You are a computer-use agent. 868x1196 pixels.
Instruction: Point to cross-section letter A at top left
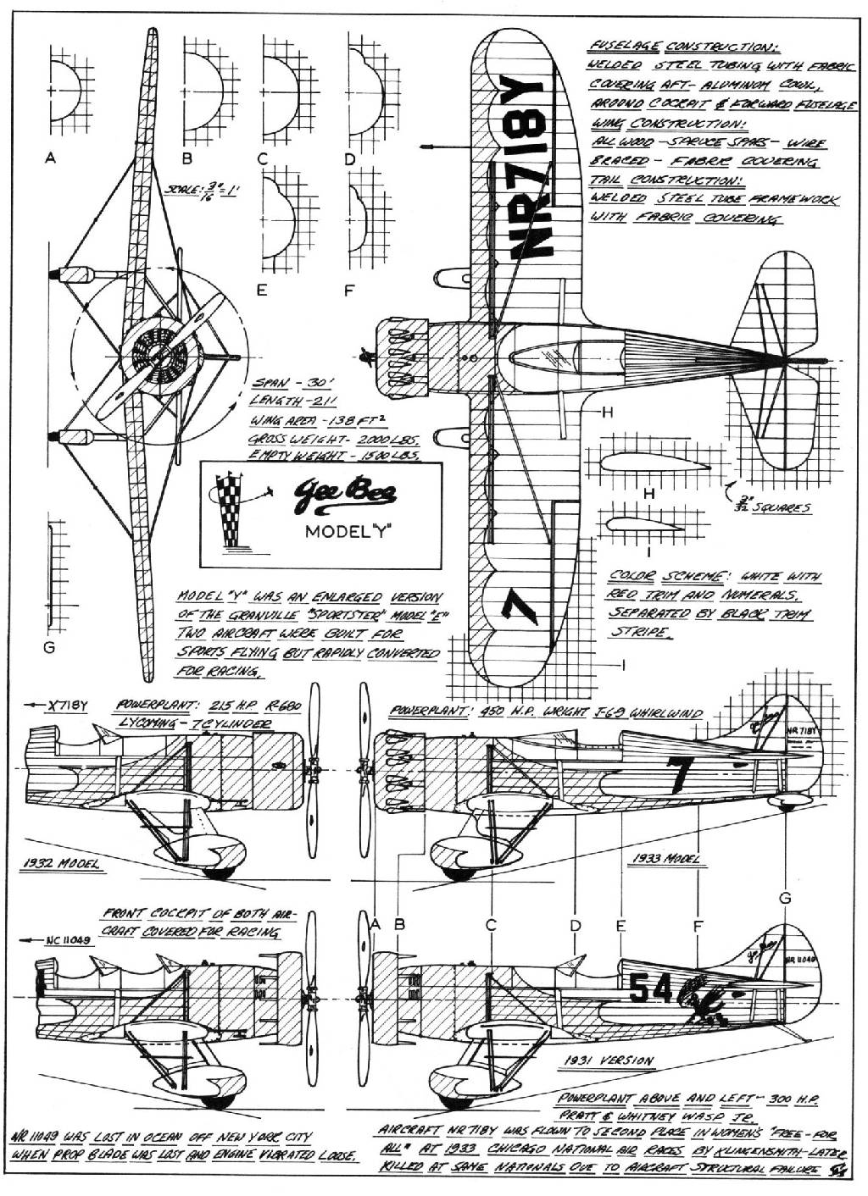[x=52, y=158]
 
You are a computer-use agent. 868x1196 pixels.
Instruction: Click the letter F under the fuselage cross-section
[x=348, y=290]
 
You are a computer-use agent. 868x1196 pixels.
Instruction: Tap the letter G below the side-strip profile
[x=48, y=648]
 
